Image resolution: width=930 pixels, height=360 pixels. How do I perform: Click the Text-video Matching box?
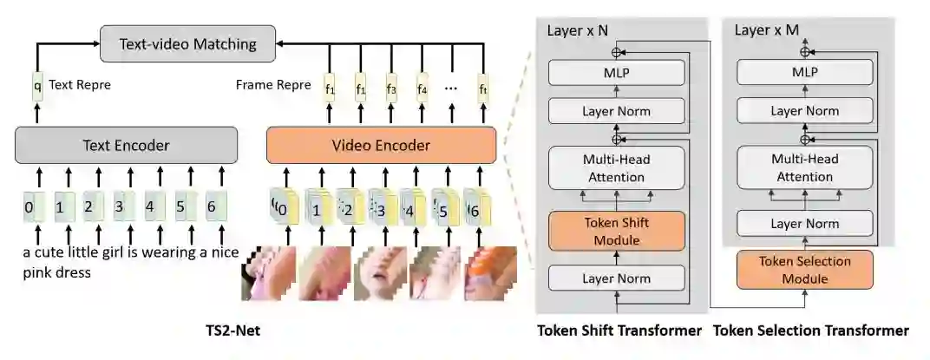point(188,43)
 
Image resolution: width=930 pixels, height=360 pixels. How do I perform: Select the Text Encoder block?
point(126,145)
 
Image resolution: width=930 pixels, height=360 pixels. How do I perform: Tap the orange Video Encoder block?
point(381,145)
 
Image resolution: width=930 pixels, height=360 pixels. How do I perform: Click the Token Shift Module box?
point(617,230)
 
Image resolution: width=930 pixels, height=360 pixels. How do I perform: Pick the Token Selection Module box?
point(804,269)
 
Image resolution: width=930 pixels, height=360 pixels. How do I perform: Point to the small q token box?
point(37,86)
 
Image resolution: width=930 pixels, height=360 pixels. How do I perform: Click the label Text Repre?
point(80,85)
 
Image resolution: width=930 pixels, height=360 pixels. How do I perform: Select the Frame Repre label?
point(271,85)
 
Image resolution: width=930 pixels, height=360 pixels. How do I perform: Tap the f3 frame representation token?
point(390,88)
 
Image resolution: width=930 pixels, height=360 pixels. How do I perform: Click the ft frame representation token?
point(483,88)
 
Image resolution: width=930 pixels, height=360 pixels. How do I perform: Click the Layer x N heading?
point(578,29)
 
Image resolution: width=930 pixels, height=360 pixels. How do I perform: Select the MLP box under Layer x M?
point(804,73)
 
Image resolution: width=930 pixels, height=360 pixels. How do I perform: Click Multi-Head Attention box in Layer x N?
point(617,168)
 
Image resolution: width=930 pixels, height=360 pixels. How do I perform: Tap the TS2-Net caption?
point(232,331)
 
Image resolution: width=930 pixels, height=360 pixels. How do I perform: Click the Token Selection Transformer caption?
point(811,331)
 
